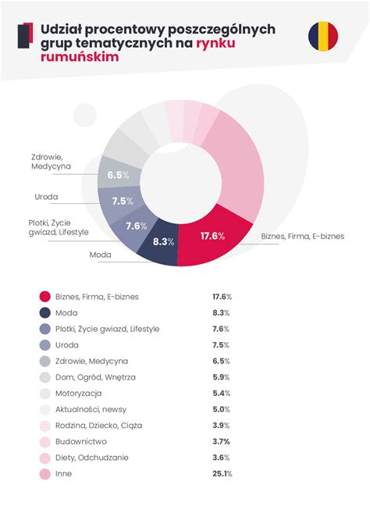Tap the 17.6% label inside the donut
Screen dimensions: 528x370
tap(212, 236)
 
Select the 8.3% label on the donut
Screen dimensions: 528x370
tap(163, 241)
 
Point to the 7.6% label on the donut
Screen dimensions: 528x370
tap(137, 226)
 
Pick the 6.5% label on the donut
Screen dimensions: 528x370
tap(118, 175)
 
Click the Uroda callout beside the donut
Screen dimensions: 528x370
tap(47, 197)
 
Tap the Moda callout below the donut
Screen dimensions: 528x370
tap(101, 255)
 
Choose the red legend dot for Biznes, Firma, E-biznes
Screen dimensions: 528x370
tap(44, 297)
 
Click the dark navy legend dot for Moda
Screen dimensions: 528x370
tap(44, 313)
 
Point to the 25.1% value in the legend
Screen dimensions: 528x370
tap(222, 474)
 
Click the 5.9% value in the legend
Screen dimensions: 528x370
tap(222, 377)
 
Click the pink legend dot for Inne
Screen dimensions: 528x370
tap(44, 474)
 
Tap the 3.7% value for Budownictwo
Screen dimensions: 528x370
tap(222, 442)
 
